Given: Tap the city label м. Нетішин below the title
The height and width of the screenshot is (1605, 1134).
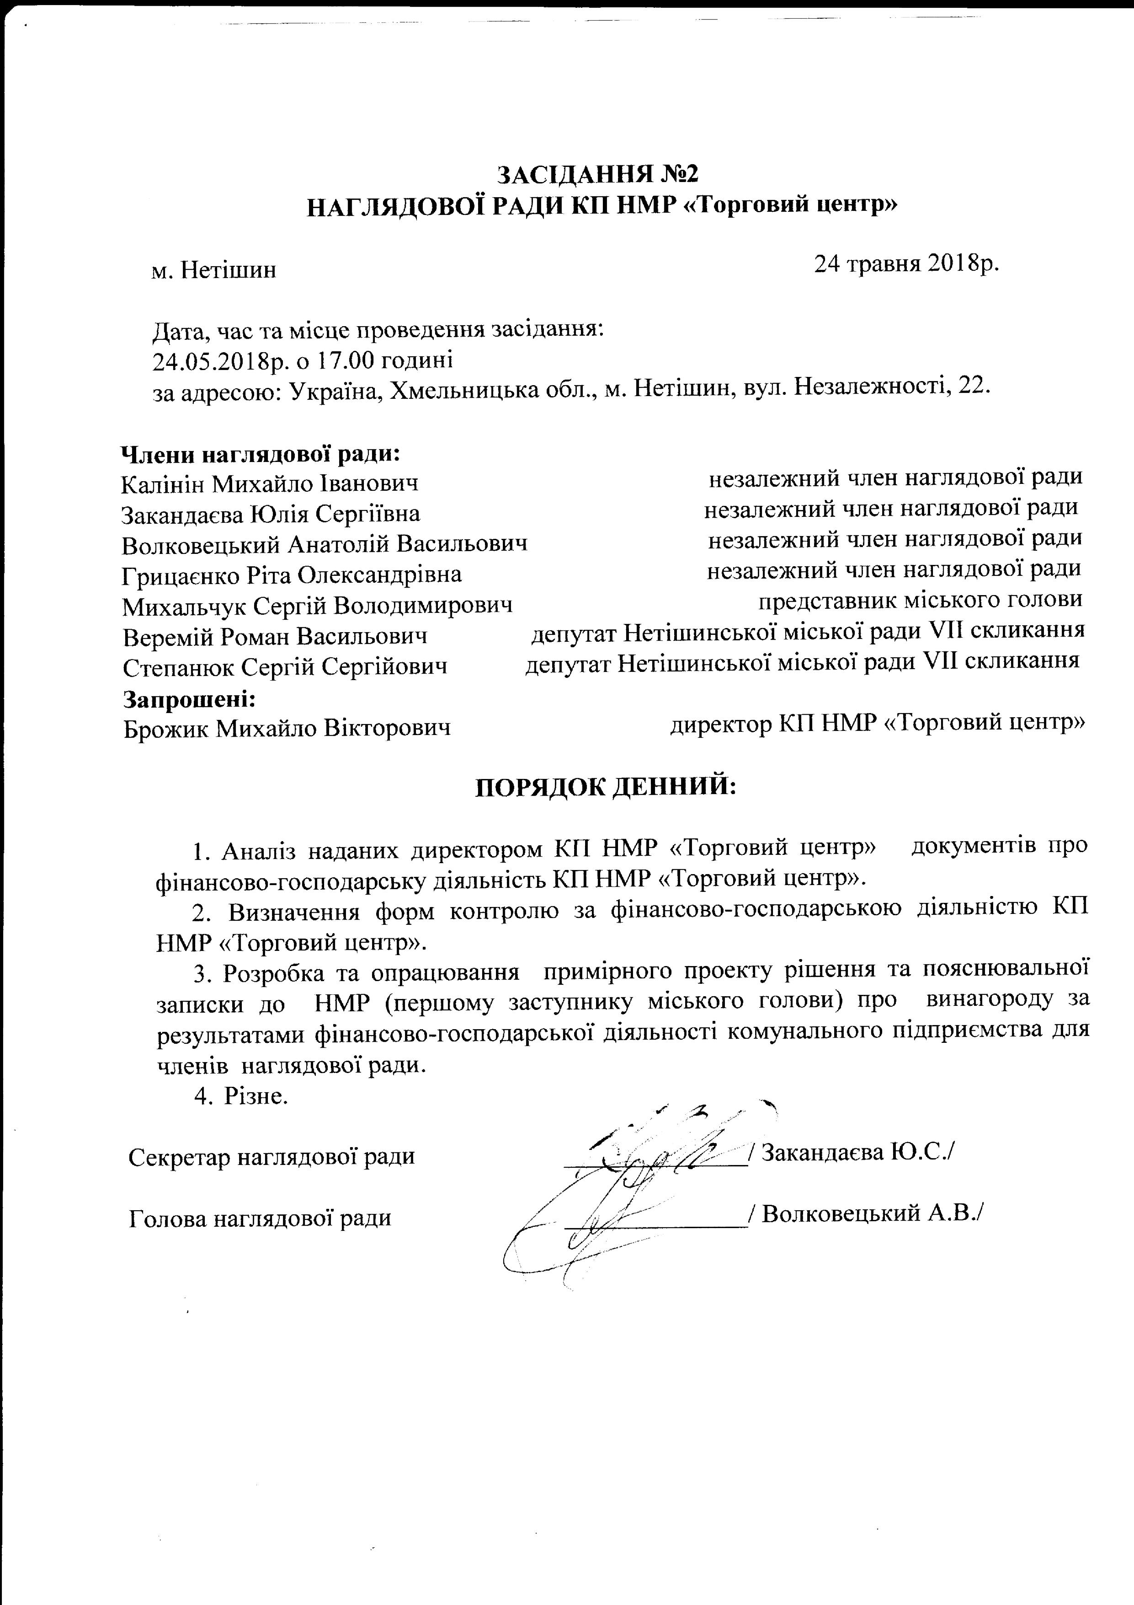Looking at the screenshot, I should pos(214,270).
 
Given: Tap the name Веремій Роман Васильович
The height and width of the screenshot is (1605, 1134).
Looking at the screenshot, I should pos(275,636).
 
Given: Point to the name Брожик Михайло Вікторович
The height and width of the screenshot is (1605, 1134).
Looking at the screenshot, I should pos(287,728).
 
